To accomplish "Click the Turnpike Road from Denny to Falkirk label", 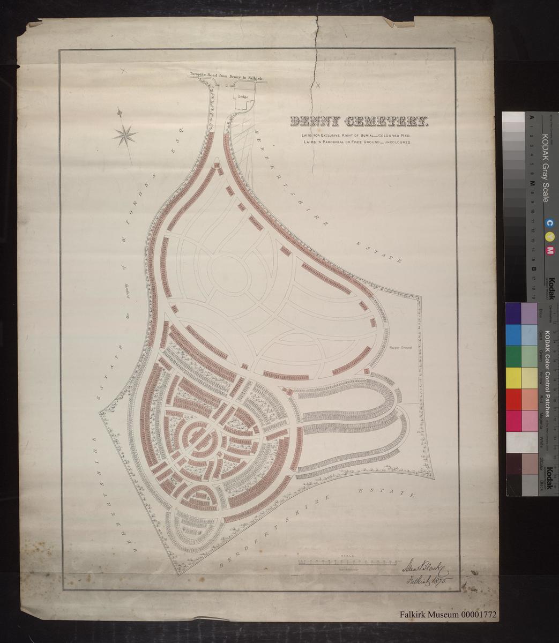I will tap(225, 77).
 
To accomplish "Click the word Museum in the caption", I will tap(446, 615).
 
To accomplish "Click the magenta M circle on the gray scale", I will tap(549, 251).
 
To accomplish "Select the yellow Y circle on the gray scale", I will tap(549, 237).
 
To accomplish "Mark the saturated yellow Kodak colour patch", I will tap(513, 378).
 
